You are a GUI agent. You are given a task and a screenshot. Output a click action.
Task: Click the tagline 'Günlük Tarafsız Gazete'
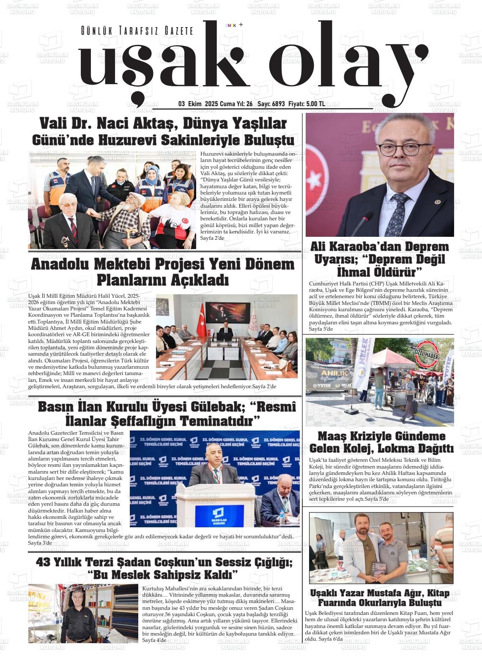[137, 31]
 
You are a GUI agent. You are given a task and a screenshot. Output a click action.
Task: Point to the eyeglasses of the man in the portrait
[399, 149]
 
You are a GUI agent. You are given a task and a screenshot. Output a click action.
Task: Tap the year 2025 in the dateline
[211, 104]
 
